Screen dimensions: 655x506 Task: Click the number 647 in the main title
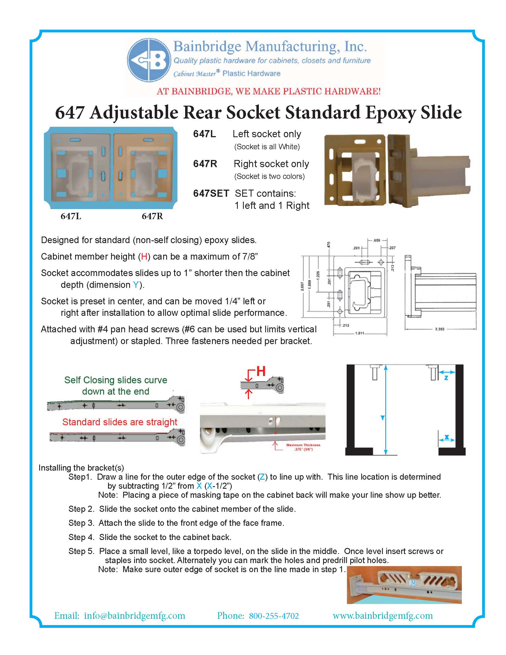tap(70, 113)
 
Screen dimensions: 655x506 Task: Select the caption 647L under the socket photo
tap(71, 216)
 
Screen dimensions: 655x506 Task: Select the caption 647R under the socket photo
tap(152, 216)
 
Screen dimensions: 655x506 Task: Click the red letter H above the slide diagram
tap(261, 371)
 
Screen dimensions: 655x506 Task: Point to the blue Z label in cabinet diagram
tap(446, 378)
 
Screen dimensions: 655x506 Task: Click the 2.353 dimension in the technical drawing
tap(439, 329)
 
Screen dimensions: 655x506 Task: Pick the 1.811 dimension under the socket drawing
tap(360, 333)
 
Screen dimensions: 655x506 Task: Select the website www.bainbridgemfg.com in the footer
tap(383, 616)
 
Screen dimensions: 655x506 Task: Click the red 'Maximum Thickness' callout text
tap(303, 445)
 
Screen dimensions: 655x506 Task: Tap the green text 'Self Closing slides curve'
tap(115, 380)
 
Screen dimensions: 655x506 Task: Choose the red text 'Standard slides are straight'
tap(120, 422)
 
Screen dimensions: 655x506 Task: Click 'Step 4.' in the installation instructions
tap(81, 537)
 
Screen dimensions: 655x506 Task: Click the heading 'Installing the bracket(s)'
tap(81, 468)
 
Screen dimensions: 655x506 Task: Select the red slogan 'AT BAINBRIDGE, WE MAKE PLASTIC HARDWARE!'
tap(268, 91)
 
